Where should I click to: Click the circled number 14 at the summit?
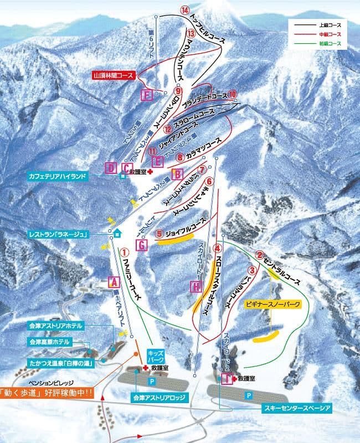pyautogui.click(x=184, y=11)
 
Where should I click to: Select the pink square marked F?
pyautogui.click(x=147, y=95)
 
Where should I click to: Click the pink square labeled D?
pyautogui.click(x=111, y=167)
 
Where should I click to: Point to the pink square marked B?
pyautogui.click(x=177, y=174)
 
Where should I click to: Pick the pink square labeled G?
pyautogui.click(x=141, y=245)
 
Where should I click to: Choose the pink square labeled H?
pyautogui.click(x=196, y=286)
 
